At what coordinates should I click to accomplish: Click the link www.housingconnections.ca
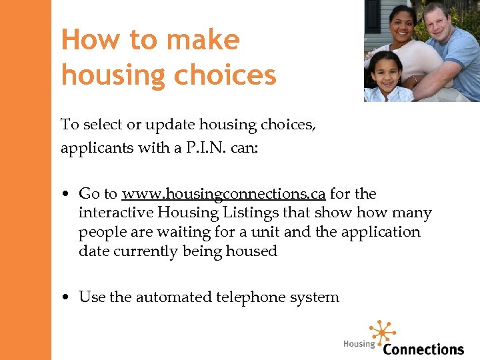223,194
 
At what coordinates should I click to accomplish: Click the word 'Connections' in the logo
423,349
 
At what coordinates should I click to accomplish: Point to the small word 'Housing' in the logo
359,344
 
